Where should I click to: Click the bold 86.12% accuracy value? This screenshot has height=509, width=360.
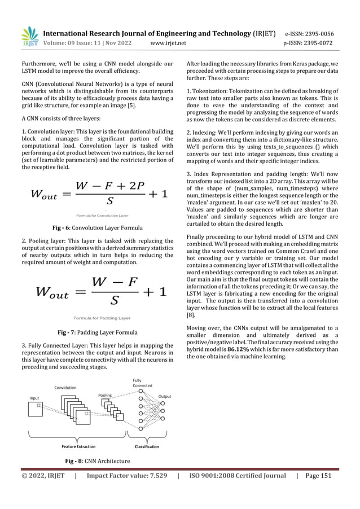pyautogui.click(x=239, y=349)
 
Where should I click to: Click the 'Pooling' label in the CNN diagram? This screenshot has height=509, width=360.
pyautogui.click(x=106, y=395)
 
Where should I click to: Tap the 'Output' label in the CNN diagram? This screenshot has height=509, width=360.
pyautogui.click(x=164, y=397)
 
